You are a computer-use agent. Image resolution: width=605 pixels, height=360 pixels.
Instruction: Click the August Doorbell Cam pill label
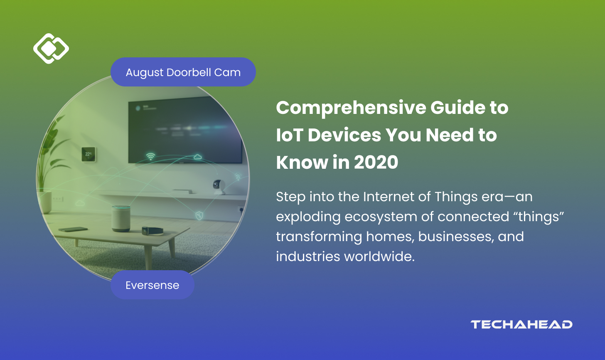[x=183, y=72]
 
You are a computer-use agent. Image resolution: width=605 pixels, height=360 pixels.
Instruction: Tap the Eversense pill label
[x=152, y=285]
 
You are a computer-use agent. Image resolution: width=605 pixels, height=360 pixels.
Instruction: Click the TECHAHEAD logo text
[x=521, y=324]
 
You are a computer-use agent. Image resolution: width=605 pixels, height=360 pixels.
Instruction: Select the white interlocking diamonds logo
[x=51, y=49]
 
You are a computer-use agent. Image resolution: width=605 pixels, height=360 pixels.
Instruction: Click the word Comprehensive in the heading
[x=351, y=108]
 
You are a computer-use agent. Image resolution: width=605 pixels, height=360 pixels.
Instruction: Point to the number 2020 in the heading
[x=376, y=162]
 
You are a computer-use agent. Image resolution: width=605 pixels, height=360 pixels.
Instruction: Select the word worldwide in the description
[x=379, y=256]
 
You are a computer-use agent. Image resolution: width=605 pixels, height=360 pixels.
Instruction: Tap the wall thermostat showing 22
[x=89, y=154]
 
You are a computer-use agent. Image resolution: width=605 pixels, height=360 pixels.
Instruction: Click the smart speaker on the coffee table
[x=121, y=218]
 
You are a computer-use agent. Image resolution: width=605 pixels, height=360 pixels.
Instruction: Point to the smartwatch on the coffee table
[x=152, y=231]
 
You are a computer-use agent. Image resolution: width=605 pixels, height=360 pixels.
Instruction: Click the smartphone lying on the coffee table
[x=73, y=229]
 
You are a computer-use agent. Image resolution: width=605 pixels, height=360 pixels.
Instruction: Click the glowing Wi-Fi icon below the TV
[x=150, y=156]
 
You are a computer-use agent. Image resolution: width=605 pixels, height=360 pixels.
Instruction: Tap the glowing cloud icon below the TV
[x=198, y=156]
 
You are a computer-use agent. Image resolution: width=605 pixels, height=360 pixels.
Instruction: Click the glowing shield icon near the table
[x=199, y=215]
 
